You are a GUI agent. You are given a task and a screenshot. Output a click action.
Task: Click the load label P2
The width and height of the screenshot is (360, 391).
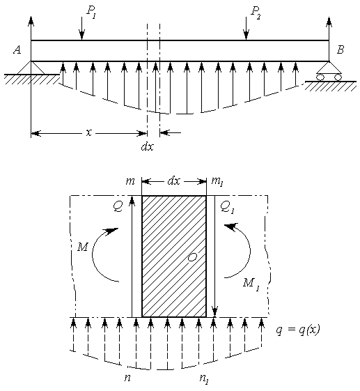[255, 13]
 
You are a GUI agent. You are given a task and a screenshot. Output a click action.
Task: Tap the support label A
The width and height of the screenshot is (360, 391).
[17, 50]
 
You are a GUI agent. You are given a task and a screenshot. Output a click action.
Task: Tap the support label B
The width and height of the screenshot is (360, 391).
[341, 49]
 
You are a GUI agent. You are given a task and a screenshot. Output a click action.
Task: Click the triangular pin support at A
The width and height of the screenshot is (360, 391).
[31, 68]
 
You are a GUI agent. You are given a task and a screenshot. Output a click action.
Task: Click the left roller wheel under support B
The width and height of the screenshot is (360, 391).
[320, 77]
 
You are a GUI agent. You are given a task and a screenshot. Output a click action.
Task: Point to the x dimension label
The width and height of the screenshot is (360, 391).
[88, 133]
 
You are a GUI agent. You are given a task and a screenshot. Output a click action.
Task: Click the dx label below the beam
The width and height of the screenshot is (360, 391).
[147, 147]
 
